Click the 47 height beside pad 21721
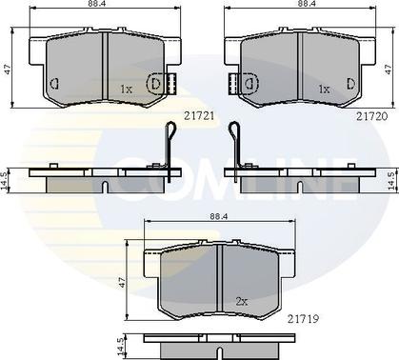[8, 69]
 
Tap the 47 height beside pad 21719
[122, 282]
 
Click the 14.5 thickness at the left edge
[7, 179]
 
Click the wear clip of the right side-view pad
[232, 149]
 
